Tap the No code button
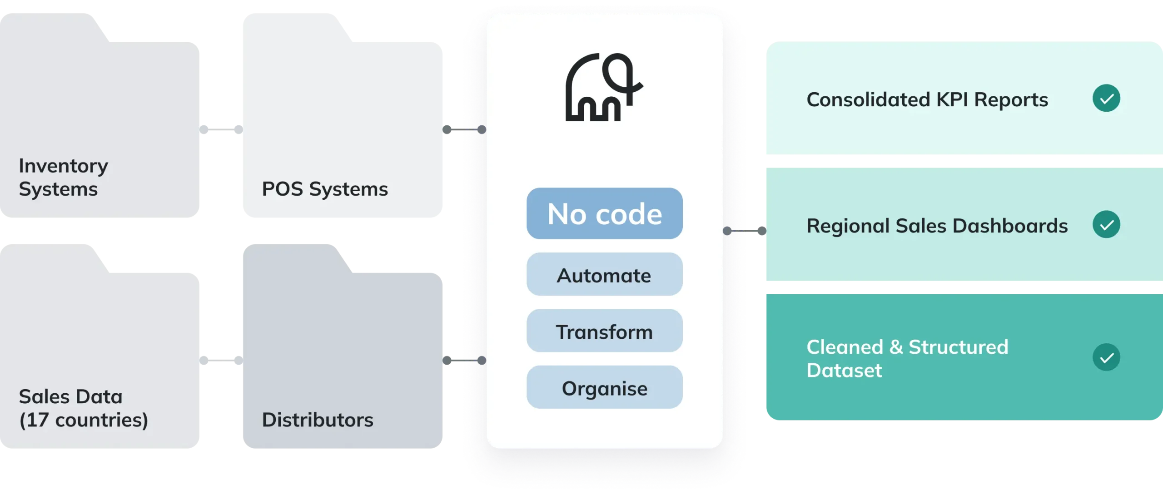pyautogui.click(x=604, y=213)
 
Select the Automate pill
pyautogui.click(x=604, y=274)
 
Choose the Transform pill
pyautogui.click(x=604, y=331)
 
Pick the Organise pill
pyautogui.click(x=604, y=387)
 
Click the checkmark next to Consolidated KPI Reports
pyautogui.click(x=1106, y=98)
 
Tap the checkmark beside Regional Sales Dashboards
pyautogui.click(x=1106, y=224)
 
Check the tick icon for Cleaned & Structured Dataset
pyautogui.click(x=1106, y=357)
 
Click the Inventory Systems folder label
pyautogui.click(x=63, y=177)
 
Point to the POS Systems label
pyautogui.click(x=325, y=189)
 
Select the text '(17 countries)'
pyautogui.click(x=84, y=420)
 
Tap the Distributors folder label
pyautogui.click(x=318, y=420)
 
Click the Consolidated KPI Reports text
pyautogui.click(x=927, y=99)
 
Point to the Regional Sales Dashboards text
pyautogui.click(x=937, y=226)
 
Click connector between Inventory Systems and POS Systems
pyautogui.click(x=221, y=129)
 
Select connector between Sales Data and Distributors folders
pyautogui.click(x=221, y=361)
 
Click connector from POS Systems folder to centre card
pyautogui.click(x=464, y=129)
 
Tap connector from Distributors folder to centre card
pyautogui.click(x=464, y=361)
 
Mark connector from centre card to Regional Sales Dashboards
pyautogui.click(x=745, y=231)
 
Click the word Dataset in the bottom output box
pyautogui.click(x=844, y=371)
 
